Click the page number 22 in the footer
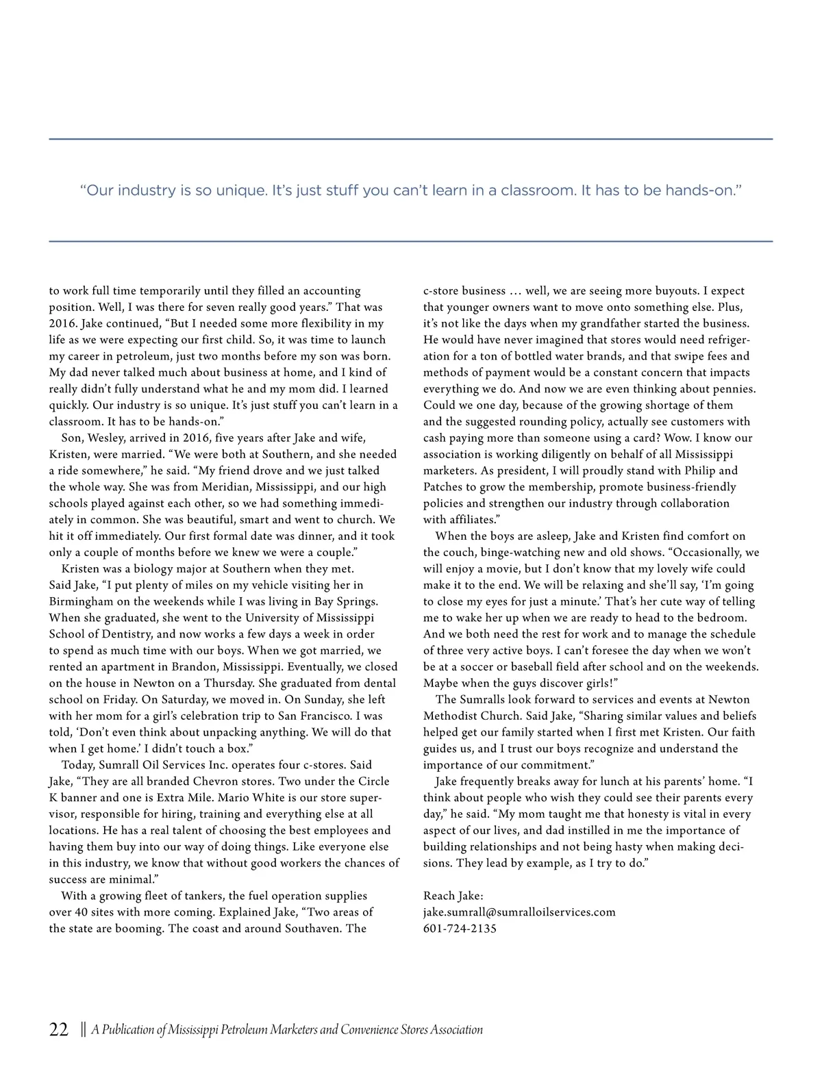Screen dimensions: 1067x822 (59, 1029)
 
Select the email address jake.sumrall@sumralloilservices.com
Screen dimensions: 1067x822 (519, 912)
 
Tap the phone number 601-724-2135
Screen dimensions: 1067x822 (460, 929)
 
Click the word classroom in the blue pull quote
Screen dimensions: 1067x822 (538, 190)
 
